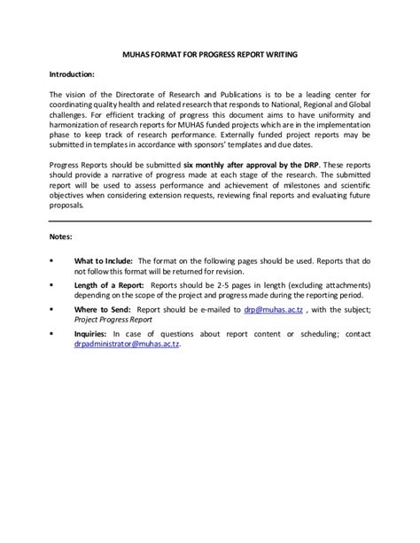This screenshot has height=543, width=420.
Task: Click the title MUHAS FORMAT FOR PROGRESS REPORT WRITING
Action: click(x=209, y=55)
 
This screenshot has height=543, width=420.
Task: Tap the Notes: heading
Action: click(x=61, y=237)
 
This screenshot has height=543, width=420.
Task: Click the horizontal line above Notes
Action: click(x=210, y=221)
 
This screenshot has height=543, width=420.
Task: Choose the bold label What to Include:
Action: click(x=103, y=261)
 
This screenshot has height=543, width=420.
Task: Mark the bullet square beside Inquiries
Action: click(x=51, y=333)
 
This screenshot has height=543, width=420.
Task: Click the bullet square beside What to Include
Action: click(x=51, y=261)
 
